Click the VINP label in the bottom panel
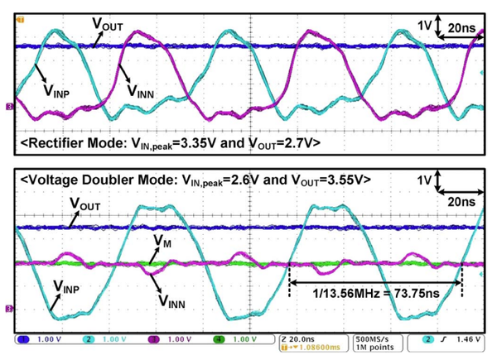point(71,287)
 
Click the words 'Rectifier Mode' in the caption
point(65,143)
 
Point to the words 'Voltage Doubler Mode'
point(90,180)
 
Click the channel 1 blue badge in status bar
point(24,340)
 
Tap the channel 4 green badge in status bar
point(218,340)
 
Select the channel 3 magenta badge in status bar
point(153,340)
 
